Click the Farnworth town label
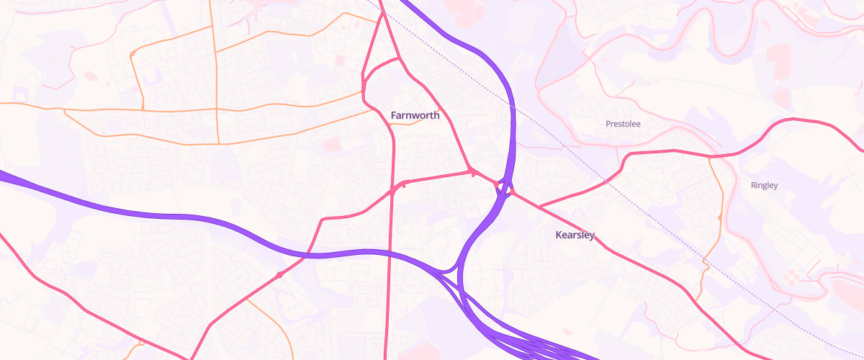(x=415, y=115)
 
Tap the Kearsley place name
(x=575, y=235)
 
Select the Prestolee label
(x=623, y=124)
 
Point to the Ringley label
(x=764, y=185)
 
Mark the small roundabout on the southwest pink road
(x=279, y=275)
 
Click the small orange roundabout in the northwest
(x=133, y=54)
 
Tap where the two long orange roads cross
(x=217, y=109)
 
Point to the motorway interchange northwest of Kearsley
(x=505, y=189)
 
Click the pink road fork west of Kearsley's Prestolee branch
(x=539, y=207)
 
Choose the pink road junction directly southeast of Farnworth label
(x=472, y=172)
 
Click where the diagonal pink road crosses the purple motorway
(x=307, y=254)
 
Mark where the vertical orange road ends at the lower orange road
(x=217, y=143)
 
